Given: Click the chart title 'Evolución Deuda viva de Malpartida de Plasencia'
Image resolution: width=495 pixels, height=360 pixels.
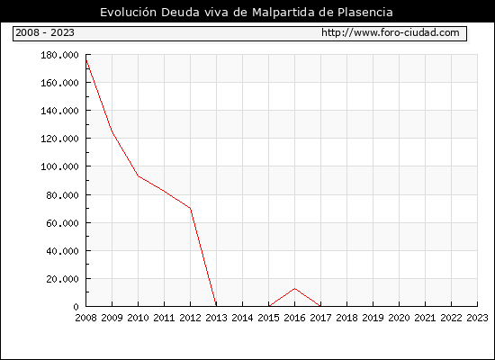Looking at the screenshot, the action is coord(247,13).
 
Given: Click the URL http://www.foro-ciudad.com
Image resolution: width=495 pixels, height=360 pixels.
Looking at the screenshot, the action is coord(391,32).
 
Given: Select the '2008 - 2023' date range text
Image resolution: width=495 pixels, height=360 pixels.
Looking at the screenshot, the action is coord(45,32).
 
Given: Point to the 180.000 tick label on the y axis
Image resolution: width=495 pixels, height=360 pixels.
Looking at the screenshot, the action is coord(59,55).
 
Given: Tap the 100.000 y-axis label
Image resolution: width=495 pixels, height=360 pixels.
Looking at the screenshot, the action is coord(59,166).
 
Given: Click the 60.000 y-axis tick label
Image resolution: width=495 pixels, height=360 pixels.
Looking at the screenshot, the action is coord(62,223).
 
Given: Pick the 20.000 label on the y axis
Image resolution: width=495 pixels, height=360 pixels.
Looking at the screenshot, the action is coord(62,279).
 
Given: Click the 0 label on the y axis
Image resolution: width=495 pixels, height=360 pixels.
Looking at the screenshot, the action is coord(76,307).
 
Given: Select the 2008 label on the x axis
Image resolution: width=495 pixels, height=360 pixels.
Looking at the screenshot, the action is coord(85,318).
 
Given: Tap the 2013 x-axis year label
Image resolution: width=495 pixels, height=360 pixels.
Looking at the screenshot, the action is coord(216,318).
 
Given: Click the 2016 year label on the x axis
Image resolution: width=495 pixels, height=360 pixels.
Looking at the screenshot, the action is coord(294,318).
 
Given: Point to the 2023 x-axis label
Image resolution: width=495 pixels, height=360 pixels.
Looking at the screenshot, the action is coord(477,318).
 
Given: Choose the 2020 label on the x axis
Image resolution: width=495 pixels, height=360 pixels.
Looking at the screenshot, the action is coord(399,318).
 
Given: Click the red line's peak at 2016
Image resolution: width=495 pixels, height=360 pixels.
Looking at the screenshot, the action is coord(294,288).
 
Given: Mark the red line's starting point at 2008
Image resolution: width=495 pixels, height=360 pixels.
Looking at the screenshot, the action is coord(86,59).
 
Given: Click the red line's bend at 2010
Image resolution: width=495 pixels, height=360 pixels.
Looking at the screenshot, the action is coord(139,175).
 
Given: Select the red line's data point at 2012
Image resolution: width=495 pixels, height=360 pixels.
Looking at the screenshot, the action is coord(191,208).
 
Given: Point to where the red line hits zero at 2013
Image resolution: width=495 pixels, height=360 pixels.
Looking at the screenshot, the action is coord(216,306).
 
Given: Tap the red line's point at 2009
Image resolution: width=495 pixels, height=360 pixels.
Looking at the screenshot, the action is coord(112,132).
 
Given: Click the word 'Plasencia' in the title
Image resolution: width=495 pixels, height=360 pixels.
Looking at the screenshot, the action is coord(365,13).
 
